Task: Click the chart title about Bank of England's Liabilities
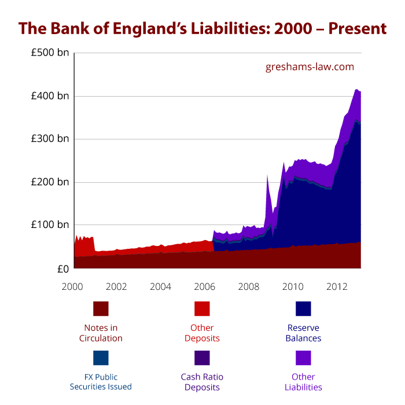point(203,28)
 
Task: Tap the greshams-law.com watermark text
point(310,67)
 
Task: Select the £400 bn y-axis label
point(51,96)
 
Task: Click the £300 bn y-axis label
point(51,139)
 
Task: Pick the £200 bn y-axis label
point(51,182)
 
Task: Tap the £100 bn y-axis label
point(51,225)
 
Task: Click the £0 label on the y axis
point(62,268)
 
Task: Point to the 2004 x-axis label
point(161,286)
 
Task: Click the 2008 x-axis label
point(249,286)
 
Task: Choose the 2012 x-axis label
point(337,286)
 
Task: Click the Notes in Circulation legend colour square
point(101,308)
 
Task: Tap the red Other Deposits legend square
point(202,308)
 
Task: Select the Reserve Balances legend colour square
point(303,308)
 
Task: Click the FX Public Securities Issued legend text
point(101,382)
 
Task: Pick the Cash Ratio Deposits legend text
point(202,382)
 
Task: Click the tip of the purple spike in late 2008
point(267,175)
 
